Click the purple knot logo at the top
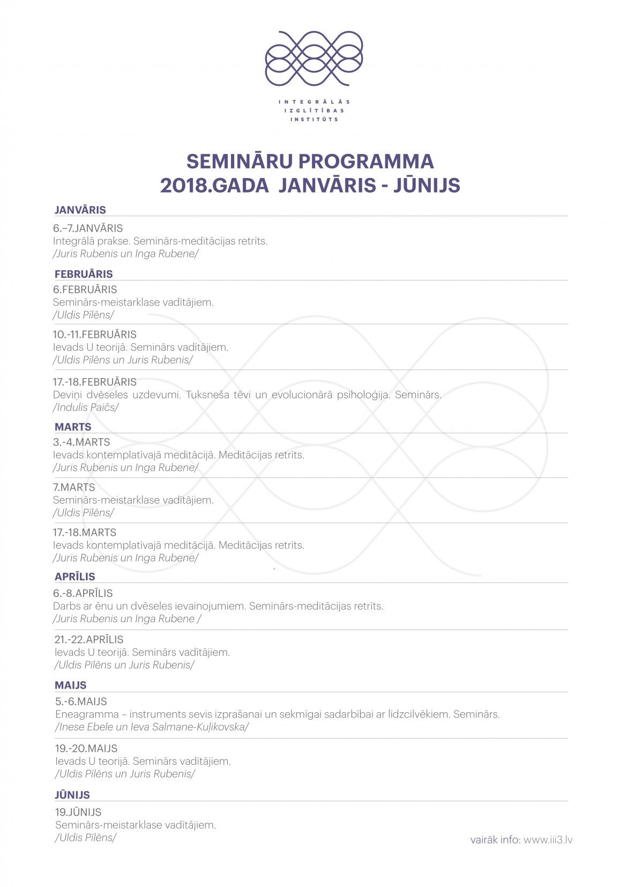[x=314, y=58]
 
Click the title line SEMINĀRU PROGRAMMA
[x=310, y=161]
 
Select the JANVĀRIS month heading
[x=80, y=210]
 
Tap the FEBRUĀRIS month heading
[x=84, y=274]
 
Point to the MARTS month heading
[x=73, y=427]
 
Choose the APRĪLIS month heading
[x=75, y=576]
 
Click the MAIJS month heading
[x=70, y=685]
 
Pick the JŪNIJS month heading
[x=72, y=795]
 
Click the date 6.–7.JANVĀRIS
[x=88, y=228]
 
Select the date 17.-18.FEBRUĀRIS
[x=95, y=382]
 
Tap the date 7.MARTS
[x=74, y=487]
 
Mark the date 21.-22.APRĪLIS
[x=89, y=639]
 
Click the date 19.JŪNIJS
[x=78, y=812]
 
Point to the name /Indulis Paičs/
[x=86, y=407]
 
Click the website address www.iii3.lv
[x=548, y=840]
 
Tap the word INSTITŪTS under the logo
[x=314, y=119]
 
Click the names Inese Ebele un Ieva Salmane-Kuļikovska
[x=152, y=727]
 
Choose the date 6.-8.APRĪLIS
[x=83, y=593]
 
